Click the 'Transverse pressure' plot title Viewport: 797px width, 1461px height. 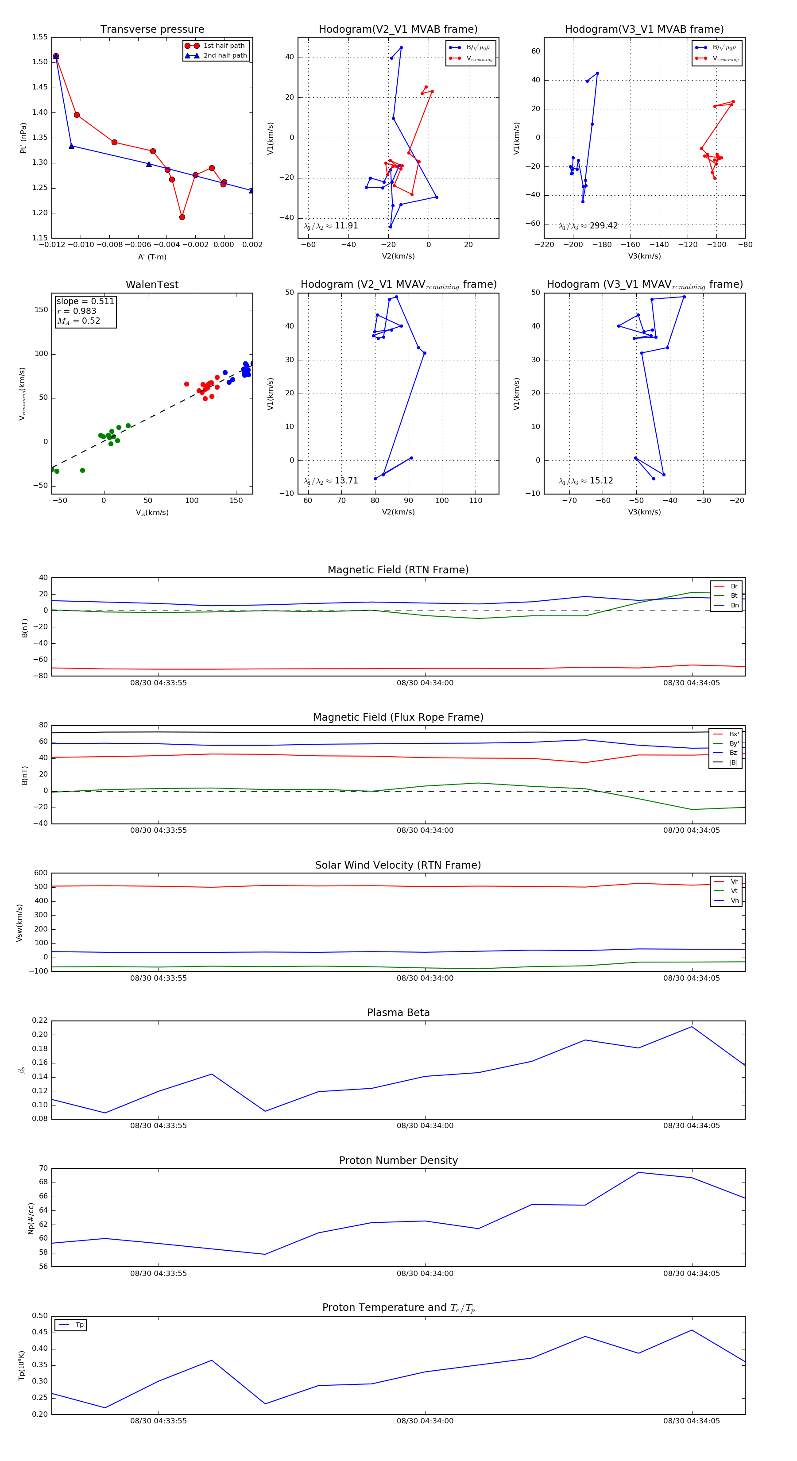(152, 30)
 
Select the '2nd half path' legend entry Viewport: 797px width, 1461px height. (224, 56)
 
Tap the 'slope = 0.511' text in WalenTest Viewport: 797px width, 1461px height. (85, 301)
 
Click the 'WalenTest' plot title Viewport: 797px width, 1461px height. (152, 285)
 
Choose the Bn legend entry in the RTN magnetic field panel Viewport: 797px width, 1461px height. (734, 605)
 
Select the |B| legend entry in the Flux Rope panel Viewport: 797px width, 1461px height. (734, 762)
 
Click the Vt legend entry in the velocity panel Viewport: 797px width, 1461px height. (734, 891)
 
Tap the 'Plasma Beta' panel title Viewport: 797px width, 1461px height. (398, 1013)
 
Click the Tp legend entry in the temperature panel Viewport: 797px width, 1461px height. (79, 1325)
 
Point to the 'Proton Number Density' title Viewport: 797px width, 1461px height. (398, 1160)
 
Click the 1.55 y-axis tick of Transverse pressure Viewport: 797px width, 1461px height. (40, 38)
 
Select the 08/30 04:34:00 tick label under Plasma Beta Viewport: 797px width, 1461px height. (425, 1126)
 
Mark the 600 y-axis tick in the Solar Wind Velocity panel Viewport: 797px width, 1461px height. (41, 873)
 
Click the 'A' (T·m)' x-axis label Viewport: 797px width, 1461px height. (152, 257)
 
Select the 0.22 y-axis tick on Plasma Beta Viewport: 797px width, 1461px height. (40, 1021)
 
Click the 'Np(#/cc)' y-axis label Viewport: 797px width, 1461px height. (31, 1218)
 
